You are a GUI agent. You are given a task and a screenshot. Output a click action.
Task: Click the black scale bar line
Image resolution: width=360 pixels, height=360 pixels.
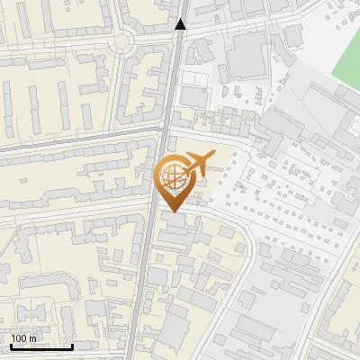coord(41,347)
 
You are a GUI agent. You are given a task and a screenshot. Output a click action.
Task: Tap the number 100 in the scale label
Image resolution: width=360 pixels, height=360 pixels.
coord(20,338)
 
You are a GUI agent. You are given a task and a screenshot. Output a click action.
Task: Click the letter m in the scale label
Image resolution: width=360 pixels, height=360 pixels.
coord(32,338)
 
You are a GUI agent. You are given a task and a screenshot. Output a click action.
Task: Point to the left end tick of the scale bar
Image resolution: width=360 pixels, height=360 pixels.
coord(11,346)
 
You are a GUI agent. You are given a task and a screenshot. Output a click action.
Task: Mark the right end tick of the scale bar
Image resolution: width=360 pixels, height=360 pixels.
coord(72,346)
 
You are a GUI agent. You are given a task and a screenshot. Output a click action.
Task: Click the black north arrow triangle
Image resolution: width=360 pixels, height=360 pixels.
coord(181,24)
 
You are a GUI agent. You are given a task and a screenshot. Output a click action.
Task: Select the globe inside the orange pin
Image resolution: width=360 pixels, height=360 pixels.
coord(172,176)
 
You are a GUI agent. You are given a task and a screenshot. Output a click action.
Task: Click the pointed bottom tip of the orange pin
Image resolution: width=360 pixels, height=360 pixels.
coord(172,211)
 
